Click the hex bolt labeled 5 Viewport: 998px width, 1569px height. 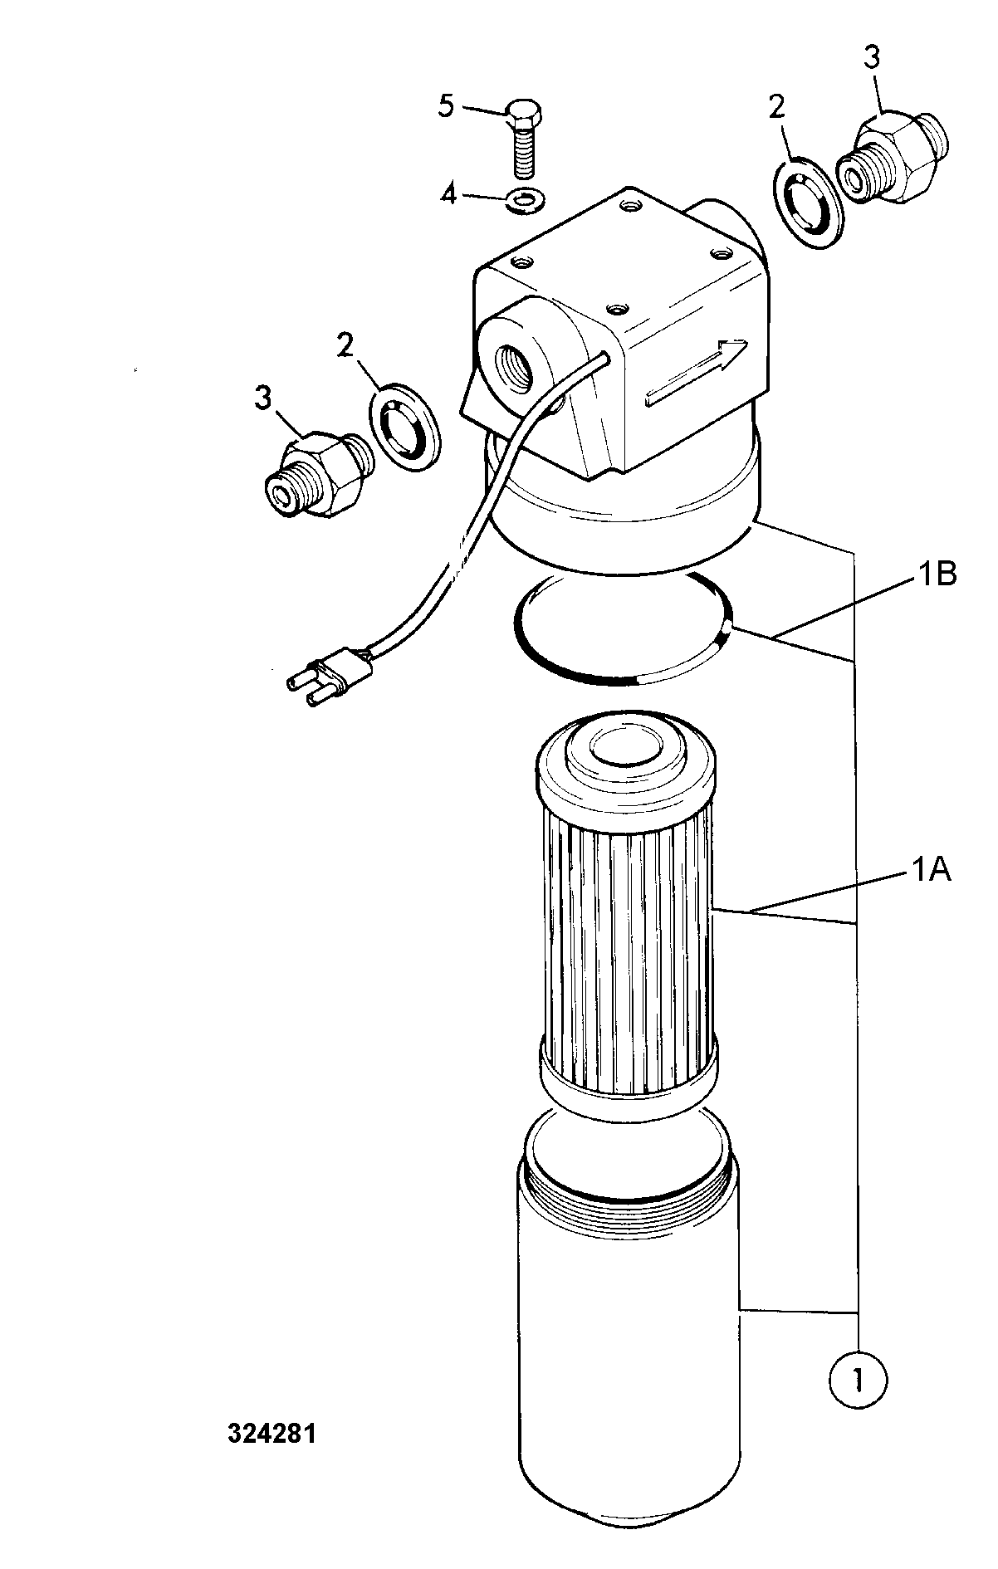point(523,139)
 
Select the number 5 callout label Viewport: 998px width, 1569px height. point(446,108)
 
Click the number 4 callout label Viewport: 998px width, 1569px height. point(448,197)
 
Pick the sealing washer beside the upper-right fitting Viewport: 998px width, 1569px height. point(810,203)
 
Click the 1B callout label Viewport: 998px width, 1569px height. point(937,575)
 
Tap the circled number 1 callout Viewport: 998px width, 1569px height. point(858,1381)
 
